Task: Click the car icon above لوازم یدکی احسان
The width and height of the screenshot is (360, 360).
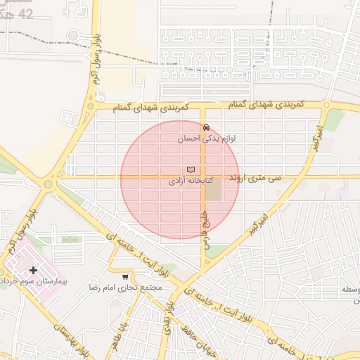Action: (205, 128)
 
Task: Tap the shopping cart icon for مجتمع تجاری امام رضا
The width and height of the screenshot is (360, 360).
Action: (125, 277)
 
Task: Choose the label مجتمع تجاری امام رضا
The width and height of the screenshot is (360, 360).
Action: (125, 288)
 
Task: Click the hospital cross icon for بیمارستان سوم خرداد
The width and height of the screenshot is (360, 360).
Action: (33, 270)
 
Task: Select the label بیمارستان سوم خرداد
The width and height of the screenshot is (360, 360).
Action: (33, 281)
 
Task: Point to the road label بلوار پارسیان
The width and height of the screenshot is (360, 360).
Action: (70, 337)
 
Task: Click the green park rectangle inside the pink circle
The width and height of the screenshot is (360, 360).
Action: (213, 188)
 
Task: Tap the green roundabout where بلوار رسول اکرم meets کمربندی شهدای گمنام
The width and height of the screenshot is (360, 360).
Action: (89, 108)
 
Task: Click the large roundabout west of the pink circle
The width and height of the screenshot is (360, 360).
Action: (48, 184)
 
